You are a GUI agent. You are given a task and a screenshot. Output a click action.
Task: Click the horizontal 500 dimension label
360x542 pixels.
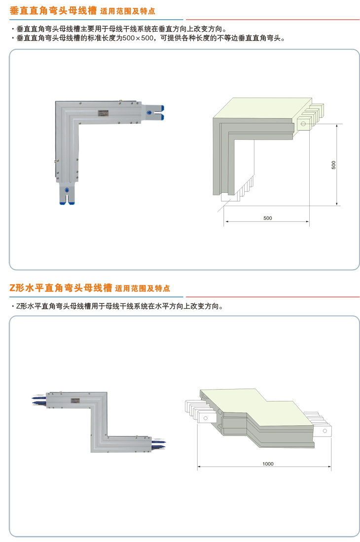(267, 218)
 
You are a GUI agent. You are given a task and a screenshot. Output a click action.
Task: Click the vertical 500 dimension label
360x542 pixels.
(333, 165)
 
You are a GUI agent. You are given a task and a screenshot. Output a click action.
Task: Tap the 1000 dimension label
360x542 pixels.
(268, 464)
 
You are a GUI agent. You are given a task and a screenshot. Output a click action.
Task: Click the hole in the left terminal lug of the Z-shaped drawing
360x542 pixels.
(203, 418)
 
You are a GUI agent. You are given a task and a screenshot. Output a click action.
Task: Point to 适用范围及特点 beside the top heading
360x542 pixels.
(127, 10)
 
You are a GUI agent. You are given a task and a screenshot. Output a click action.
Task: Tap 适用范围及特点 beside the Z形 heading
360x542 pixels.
(142, 288)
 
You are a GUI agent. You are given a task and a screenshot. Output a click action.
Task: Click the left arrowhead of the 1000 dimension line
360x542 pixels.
(199, 467)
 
